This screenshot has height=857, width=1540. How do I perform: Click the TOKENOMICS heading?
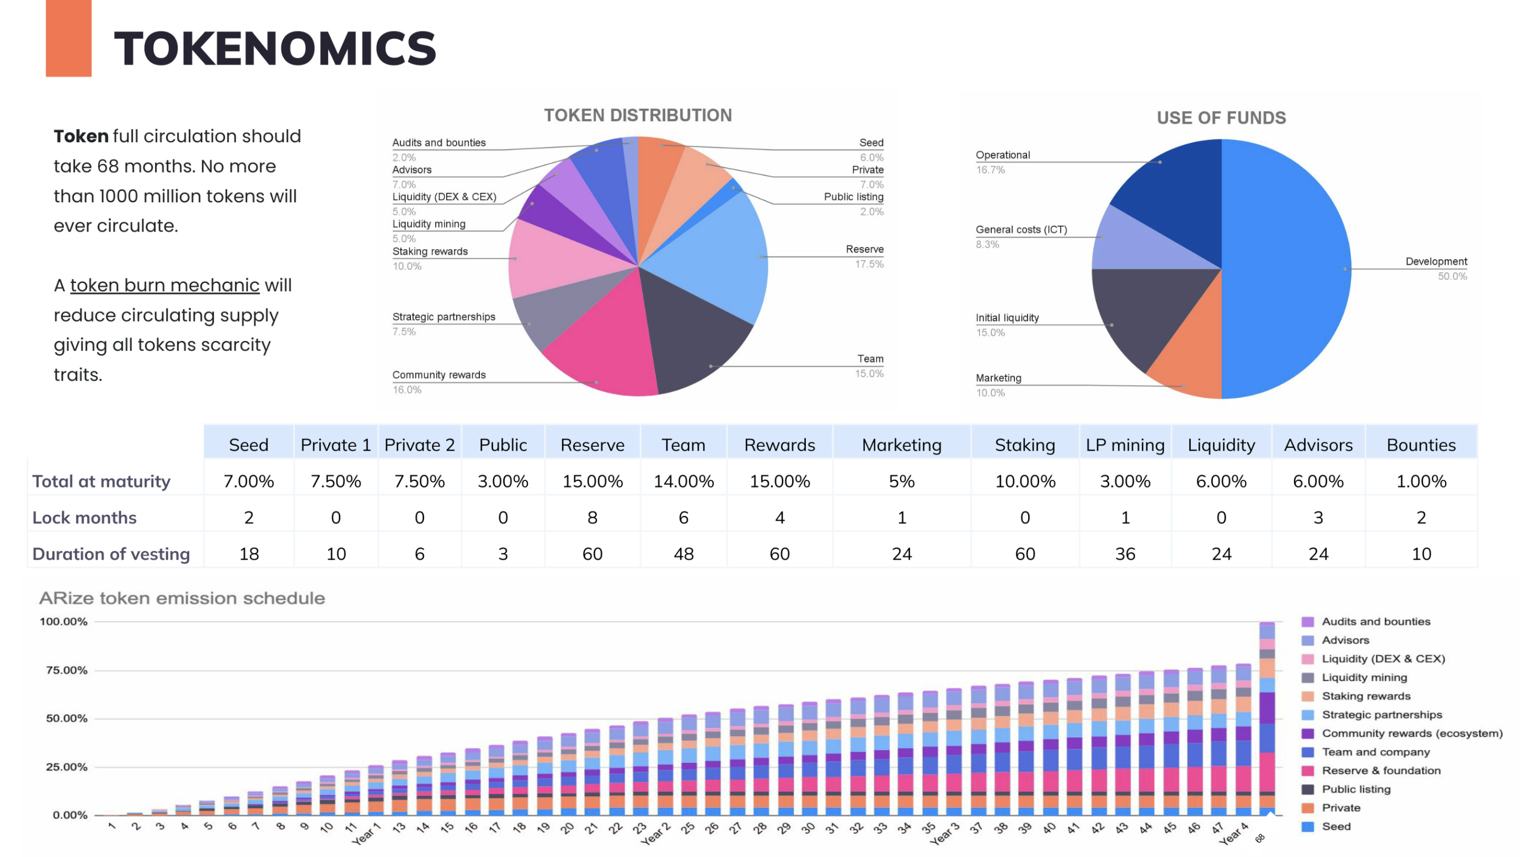(275, 49)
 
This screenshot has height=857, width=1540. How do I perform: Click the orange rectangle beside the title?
(68, 38)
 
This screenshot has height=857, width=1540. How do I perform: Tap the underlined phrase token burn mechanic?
(164, 285)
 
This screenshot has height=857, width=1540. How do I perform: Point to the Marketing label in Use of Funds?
(998, 378)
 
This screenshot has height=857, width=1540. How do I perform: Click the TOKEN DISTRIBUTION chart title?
(637, 115)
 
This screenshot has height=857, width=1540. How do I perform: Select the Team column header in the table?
(683, 444)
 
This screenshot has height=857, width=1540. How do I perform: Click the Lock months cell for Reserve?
(592, 517)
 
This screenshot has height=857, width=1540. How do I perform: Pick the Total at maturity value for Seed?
(249, 481)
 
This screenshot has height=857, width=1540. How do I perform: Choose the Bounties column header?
(1420, 444)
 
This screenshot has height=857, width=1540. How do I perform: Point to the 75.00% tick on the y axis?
(66, 670)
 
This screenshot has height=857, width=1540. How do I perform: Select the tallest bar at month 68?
(1266, 717)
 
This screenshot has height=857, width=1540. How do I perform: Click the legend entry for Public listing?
(1355, 789)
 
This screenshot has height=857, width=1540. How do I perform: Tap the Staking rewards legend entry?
(1366, 695)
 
